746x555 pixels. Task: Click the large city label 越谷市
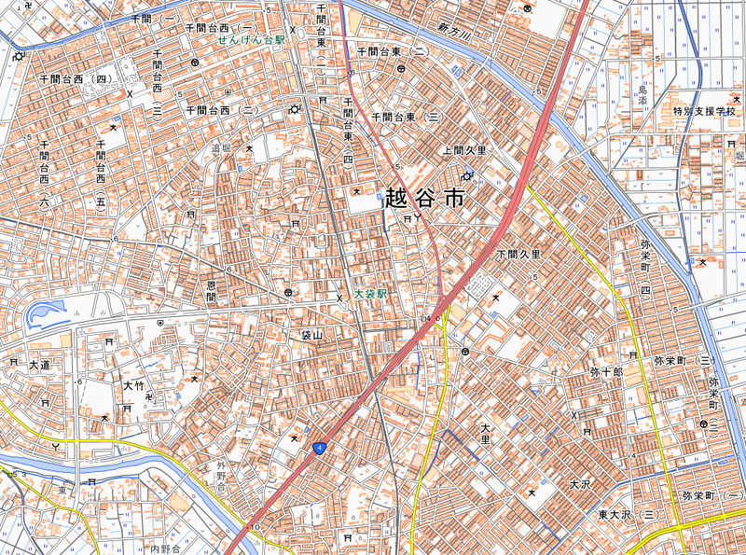pyautogui.click(x=423, y=199)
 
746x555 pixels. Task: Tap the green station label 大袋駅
pyautogui.click(x=369, y=293)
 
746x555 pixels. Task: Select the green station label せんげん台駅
pyautogui.click(x=251, y=42)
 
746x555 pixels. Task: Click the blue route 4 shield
pyautogui.click(x=320, y=449)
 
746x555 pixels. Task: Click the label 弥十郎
pyautogui.click(x=606, y=371)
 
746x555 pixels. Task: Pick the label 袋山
pyautogui.click(x=311, y=334)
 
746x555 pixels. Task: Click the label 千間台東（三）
pyautogui.click(x=407, y=118)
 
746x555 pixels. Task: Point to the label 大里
pyautogui.click(x=485, y=433)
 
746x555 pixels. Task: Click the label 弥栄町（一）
pyautogui.click(x=712, y=495)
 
